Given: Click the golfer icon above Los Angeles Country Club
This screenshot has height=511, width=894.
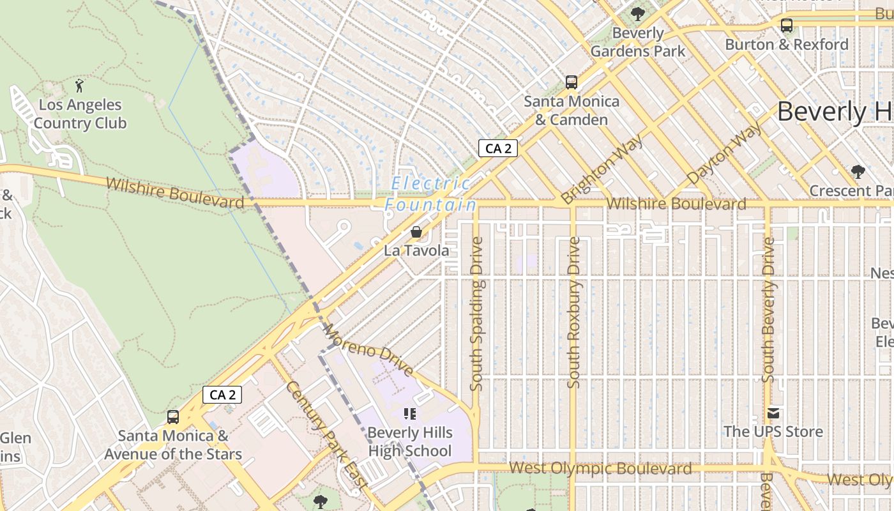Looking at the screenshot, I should pos(79,86).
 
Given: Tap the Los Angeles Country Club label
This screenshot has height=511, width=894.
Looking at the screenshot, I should pos(80,114).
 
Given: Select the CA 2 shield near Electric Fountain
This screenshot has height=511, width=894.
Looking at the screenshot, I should pos(497,148).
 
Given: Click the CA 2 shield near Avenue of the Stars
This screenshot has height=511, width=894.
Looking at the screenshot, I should pos(222,395).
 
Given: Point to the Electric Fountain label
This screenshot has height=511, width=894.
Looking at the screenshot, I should pos(431,194).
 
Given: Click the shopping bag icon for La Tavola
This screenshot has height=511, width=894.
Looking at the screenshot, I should pos(416,232).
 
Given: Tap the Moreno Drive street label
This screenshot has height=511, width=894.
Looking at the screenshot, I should pos(368,350).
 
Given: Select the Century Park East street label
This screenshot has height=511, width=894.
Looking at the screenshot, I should pos(326,435).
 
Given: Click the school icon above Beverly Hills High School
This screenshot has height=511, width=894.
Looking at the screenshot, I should pos(410,414).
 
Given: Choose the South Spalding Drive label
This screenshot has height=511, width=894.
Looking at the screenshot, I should pos(476,313).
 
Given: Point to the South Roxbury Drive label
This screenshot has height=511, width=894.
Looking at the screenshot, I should pos(574,313).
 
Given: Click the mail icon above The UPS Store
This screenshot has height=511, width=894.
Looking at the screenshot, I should pos(773,413).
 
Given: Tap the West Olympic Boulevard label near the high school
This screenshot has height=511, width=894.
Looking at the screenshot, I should pos(600,469).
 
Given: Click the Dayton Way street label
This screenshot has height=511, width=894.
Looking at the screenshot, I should pos(724,153).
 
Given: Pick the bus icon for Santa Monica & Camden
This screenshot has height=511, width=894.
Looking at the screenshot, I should pos(572,82).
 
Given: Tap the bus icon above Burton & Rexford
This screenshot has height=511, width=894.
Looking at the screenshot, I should pos(787,26).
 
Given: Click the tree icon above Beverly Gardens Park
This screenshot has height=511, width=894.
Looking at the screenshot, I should pos(637,13).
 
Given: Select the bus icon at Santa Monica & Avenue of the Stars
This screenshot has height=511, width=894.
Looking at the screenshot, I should pos(173,417).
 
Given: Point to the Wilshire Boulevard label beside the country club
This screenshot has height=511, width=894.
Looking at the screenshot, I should pos(174,193).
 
